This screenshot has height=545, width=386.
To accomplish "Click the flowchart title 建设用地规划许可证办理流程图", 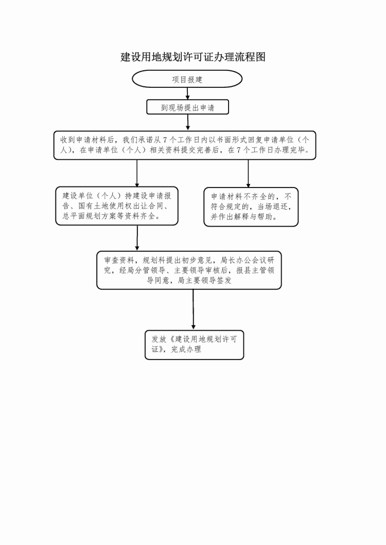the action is [x=193, y=57].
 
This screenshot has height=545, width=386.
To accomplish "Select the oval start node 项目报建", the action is [x=187, y=79].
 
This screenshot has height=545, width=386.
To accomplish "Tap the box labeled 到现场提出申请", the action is [x=187, y=107].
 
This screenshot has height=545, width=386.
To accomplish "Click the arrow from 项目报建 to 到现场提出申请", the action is [x=187, y=94].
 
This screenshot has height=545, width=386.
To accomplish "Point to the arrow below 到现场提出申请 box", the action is [x=188, y=122].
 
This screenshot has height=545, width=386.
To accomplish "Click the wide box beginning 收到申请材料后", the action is [x=185, y=145].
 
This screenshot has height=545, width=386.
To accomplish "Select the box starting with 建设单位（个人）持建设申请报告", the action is [x=117, y=206].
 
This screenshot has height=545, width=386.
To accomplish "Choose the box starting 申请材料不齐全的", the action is [x=251, y=207].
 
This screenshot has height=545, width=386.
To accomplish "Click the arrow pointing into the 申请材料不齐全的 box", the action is [x=248, y=174].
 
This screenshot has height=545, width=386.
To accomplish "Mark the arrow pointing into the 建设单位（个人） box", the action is [x=137, y=174].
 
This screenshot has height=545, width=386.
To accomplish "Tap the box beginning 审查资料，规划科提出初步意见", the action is [x=189, y=270].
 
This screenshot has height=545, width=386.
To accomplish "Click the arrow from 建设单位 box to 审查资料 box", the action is [x=137, y=238].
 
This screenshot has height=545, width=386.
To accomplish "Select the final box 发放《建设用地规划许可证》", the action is [x=194, y=345].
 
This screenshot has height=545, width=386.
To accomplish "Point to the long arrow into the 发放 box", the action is [x=194, y=310].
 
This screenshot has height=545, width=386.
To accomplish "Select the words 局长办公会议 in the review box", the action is [x=240, y=260].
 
